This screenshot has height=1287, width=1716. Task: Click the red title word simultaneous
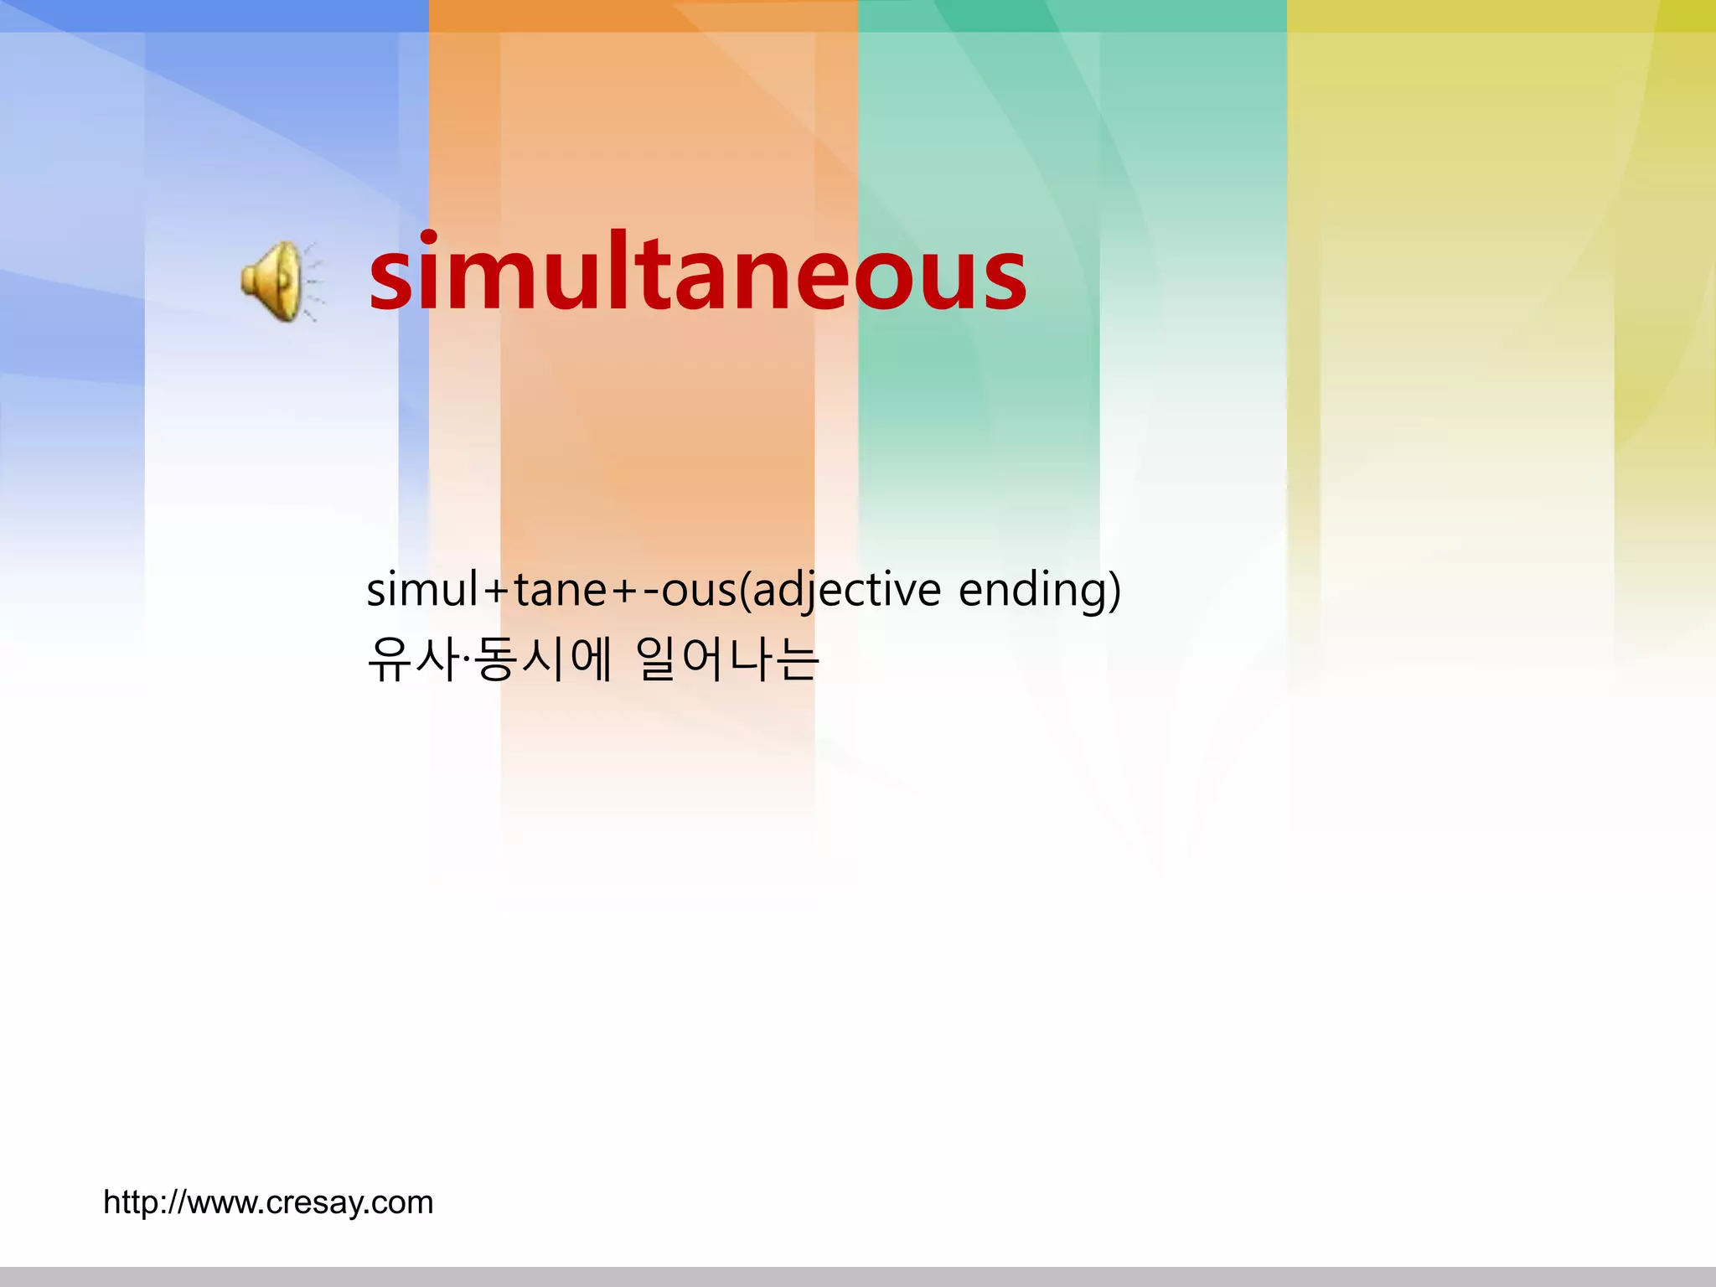click(697, 273)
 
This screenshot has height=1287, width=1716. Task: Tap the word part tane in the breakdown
click(560, 590)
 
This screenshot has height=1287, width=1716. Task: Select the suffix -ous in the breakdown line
click(690, 590)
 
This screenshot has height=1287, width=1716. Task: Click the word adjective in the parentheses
click(846, 590)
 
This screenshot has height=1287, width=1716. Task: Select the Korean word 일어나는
click(727, 659)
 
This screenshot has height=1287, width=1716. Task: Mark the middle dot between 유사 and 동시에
click(466, 659)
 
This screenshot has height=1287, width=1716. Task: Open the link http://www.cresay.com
click(268, 1202)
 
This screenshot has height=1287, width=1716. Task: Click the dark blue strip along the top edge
click(214, 15)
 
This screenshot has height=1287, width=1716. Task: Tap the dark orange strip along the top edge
click(643, 15)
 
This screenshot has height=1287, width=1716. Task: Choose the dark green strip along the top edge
click(1072, 15)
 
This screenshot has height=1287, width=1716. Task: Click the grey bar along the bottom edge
click(858, 1277)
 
